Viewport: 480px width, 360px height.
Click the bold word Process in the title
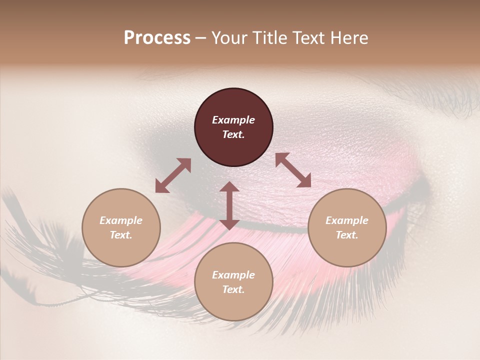pos(157,38)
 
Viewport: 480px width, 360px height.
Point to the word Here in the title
pos(348,38)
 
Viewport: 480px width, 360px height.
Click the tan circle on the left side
pos(121,227)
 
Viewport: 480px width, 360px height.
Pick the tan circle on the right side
pos(347,227)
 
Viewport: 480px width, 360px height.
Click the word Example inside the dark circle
pos(233,120)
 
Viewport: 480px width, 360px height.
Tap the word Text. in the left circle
pos(121,235)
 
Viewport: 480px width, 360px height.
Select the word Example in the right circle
pos(347,220)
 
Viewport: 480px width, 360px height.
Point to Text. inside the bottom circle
pos(233,289)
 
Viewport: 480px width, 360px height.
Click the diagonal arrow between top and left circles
pos(173,175)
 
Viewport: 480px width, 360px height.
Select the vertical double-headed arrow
pos(229,205)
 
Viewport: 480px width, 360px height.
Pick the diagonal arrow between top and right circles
pos(293,170)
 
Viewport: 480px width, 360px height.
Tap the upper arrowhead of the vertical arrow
pos(229,187)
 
